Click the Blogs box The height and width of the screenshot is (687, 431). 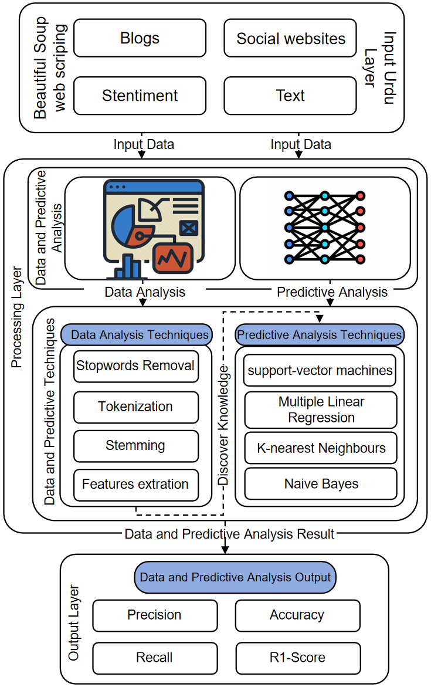[140, 38]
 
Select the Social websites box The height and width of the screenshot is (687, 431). [290, 38]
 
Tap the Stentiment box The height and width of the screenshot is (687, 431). [140, 96]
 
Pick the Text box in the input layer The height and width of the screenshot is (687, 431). [290, 96]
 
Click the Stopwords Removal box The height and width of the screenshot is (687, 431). [135, 366]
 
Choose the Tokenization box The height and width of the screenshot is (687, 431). [135, 407]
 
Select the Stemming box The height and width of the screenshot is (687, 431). [135, 446]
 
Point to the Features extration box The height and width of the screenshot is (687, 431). [135, 485]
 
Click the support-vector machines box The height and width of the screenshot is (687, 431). [320, 370]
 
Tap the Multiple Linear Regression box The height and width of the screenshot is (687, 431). [320, 410]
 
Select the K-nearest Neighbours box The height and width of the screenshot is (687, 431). [320, 448]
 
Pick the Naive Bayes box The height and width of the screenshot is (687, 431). [320, 484]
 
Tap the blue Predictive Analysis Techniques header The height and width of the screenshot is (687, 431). [320, 335]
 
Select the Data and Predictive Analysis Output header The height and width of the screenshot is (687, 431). [235, 577]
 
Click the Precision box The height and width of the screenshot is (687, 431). [154, 615]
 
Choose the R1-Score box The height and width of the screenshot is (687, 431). [297, 658]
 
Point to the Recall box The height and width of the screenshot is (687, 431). [154, 658]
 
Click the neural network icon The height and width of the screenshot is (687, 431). [324, 227]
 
